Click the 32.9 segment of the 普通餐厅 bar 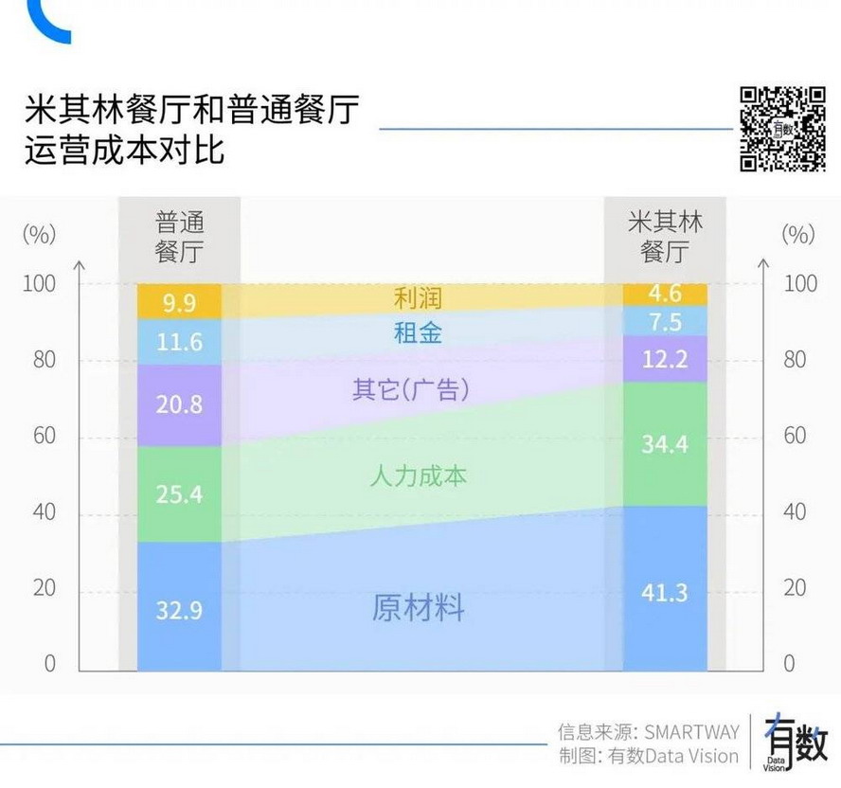180,607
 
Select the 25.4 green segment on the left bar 180,492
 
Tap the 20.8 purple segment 180,404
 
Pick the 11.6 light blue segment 180,342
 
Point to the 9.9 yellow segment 180,302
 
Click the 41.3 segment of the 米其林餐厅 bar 665,591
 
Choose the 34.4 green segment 665,443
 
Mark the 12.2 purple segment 665,359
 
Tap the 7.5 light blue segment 665,322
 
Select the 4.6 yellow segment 665,294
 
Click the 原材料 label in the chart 418,607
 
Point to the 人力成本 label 418,475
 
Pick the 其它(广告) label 411,389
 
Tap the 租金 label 418,332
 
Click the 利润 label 418,298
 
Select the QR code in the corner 782,129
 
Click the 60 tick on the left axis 44,436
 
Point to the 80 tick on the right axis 795,360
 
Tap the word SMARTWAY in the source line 691,731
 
